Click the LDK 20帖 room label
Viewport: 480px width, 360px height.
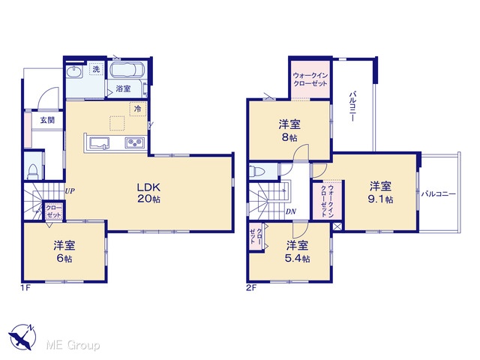click(148, 193)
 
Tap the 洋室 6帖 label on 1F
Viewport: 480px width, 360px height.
click(64, 252)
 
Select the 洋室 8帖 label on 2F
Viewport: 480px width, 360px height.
click(289, 130)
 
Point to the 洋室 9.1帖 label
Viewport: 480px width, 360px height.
click(380, 193)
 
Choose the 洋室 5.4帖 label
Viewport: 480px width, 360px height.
click(297, 252)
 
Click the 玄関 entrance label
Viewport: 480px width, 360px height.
click(47, 120)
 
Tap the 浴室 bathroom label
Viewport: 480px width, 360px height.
click(123, 88)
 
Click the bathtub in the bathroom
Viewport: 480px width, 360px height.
click(127, 70)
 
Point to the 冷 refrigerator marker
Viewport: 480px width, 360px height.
click(138, 108)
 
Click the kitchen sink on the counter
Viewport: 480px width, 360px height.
click(99, 143)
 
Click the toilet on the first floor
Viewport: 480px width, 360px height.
click(32, 172)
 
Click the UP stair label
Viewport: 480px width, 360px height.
click(70, 191)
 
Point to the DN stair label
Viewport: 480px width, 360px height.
click(290, 211)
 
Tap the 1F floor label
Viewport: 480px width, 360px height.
click(25, 288)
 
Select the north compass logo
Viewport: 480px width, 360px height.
click(22, 337)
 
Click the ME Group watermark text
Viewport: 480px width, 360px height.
click(73, 345)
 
